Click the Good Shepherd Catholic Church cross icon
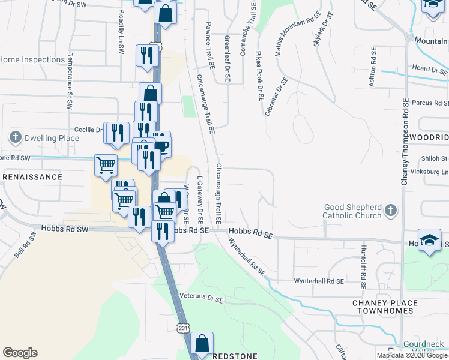tap(391, 211)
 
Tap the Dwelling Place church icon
tap(16, 138)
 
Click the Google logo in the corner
tap(20, 353)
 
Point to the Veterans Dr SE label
tap(201, 298)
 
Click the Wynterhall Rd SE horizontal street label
tap(319, 281)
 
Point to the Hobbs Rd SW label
tap(65, 229)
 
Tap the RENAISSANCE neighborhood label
tap(32, 177)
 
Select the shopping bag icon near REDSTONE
tap(202, 344)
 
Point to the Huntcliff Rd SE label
tap(363, 263)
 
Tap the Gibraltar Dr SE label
tap(275, 96)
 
